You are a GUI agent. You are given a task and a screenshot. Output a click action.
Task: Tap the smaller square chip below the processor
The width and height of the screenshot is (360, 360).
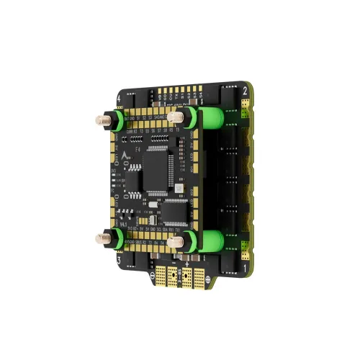click(161, 204)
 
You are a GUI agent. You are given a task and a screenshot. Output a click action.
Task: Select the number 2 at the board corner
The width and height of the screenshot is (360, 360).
click(246, 91)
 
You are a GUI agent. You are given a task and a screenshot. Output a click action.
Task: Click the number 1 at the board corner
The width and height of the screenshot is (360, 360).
click(246, 266)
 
